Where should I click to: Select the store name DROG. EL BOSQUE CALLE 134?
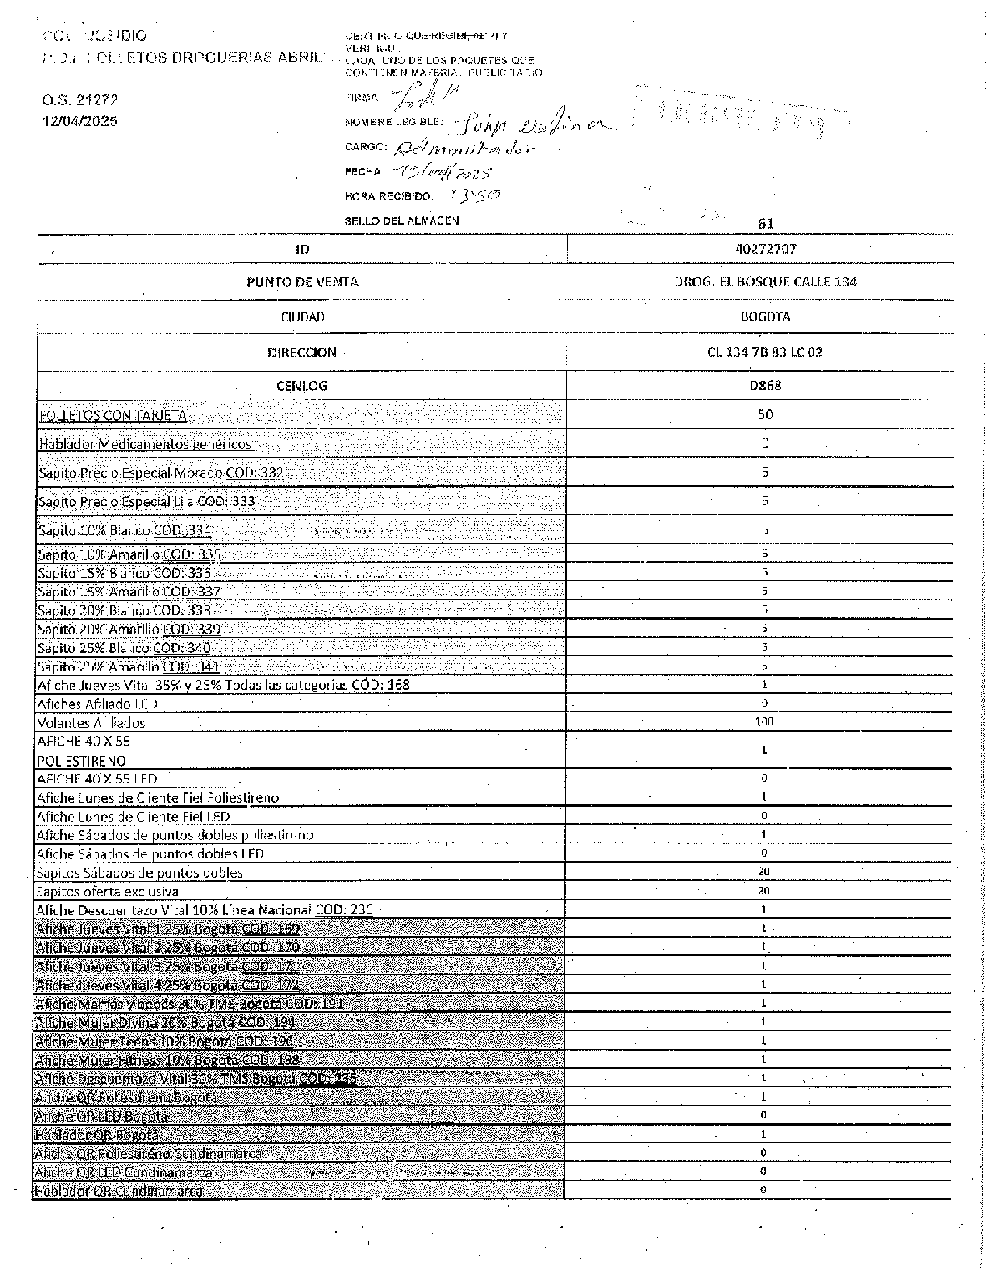click(765, 281)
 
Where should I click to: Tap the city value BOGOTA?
click(765, 316)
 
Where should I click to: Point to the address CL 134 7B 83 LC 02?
click(764, 352)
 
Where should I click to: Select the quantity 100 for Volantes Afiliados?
click(764, 722)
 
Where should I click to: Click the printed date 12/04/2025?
click(80, 121)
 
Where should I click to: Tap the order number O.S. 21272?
click(80, 100)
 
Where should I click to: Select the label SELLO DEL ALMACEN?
click(402, 221)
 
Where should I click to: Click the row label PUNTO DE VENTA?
click(302, 282)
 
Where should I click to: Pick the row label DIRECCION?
click(302, 352)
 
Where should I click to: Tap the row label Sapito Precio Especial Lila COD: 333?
click(147, 502)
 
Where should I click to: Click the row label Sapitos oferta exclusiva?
click(108, 891)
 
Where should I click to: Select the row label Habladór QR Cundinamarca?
click(119, 1191)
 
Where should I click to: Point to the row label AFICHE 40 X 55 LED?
click(97, 779)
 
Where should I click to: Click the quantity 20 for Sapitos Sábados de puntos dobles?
click(764, 872)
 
